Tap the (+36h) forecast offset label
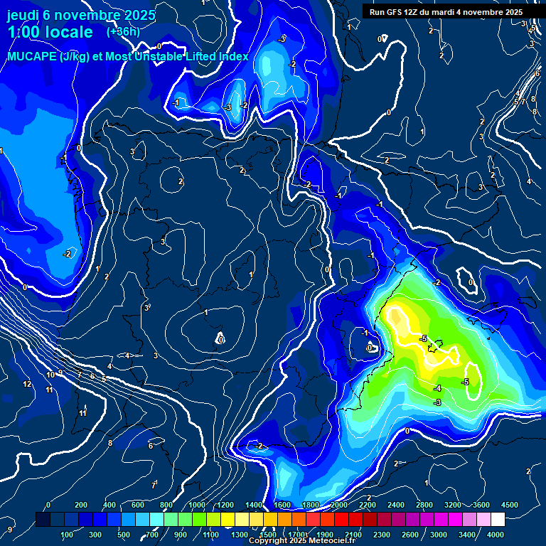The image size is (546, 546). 123,31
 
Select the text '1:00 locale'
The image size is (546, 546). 50,32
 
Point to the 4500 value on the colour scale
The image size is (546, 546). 510,505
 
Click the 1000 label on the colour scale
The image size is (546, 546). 196,505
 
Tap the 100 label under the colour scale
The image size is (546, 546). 67,535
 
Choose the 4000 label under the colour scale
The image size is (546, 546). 496,535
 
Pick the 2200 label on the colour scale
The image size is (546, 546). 367,505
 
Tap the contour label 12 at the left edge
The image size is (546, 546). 27,384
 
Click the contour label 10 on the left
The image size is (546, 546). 50,375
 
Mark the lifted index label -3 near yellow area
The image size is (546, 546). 437,402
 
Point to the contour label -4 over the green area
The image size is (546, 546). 437,388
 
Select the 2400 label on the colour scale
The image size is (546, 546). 395,505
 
